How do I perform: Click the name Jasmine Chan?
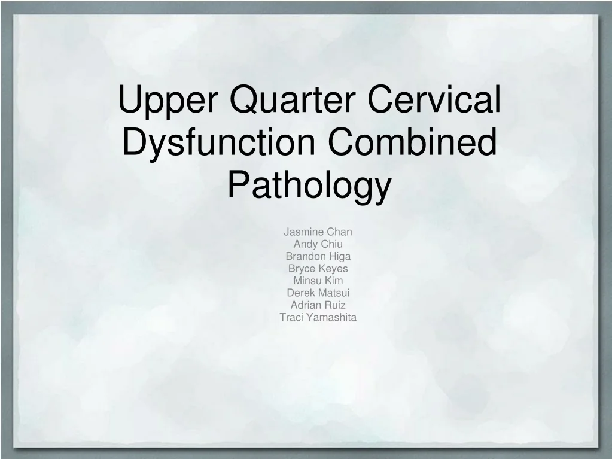coord(318,232)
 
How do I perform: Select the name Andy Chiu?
coord(318,244)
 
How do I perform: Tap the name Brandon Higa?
coord(318,256)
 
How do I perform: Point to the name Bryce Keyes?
coord(318,269)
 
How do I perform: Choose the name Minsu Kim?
coord(318,281)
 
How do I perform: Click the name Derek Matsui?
coord(318,293)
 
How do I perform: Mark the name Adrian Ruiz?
coord(318,305)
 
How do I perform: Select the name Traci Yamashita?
coord(318,317)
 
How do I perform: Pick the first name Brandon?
coord(306,256)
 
